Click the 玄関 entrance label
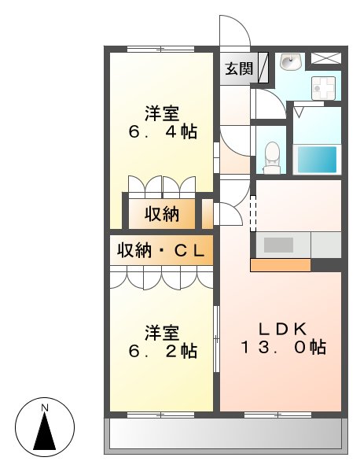pos(239,69)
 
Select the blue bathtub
pos(317,159)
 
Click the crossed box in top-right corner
pos(325,57)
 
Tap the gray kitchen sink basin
pos(279,245)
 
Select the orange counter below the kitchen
pos(280,265)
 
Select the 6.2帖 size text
pos(163,351)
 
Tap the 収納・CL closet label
pos(161,251)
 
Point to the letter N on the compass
pos(45,407)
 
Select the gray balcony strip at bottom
pos(225,434)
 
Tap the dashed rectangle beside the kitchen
pos(253,215)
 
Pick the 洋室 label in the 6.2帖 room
pos(161,331)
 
